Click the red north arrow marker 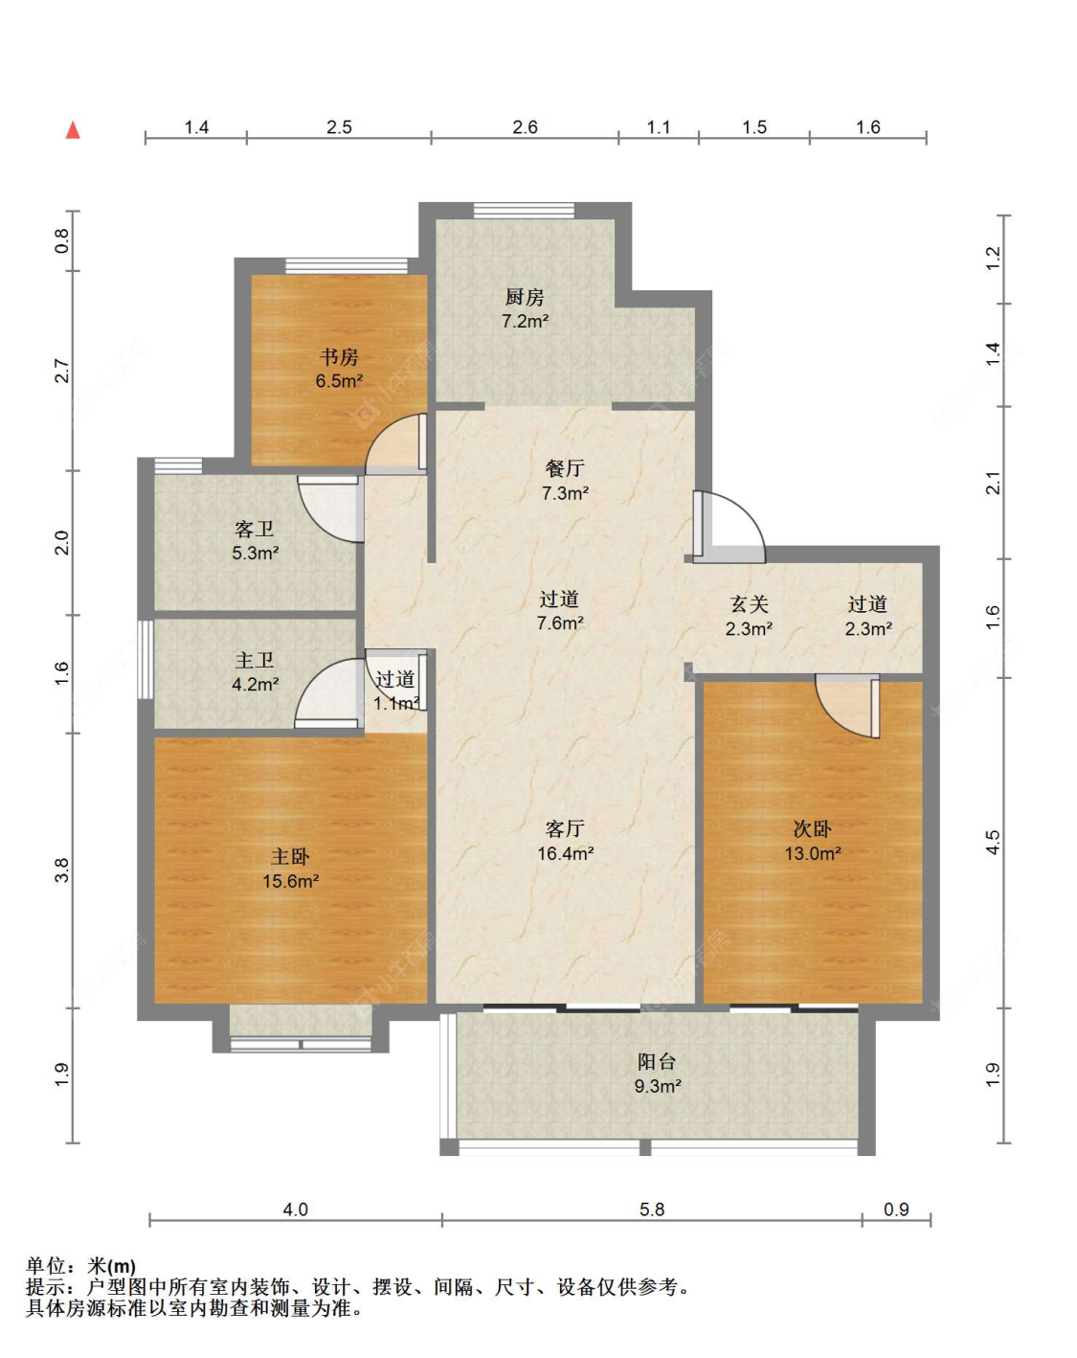pos(73,130)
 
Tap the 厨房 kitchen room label pos(525,297)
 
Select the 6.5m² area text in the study pos(339,381)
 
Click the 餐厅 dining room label pos(565,468)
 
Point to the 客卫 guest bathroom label pos(255,529)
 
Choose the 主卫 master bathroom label pos(255,660)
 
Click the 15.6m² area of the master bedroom pos(291,881)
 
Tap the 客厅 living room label pos(565,828)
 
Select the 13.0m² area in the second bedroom pos(813,854)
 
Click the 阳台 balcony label pos(656,1061)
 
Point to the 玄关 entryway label pos(749,604)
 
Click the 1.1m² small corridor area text pos(397,703)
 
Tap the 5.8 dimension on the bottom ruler pos(652,1210)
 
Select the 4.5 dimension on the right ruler pos(993,843)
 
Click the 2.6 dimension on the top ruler pos(525,127)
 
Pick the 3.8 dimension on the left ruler pos(62,871)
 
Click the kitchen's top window pos(525,210)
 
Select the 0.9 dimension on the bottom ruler pos(896,1210)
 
